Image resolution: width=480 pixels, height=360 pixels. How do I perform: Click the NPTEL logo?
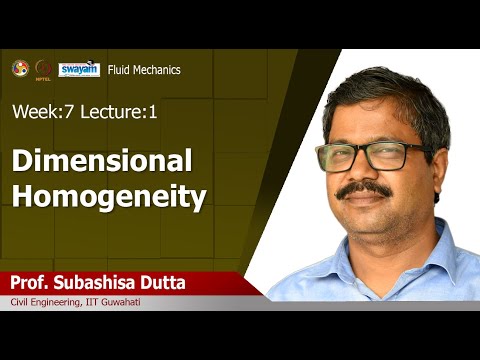[43, 69]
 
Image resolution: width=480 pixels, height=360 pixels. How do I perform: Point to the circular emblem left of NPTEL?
[20, 68]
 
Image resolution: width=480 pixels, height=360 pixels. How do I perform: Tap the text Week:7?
[39, 112]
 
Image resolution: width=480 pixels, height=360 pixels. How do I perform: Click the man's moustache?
[363, 191]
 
